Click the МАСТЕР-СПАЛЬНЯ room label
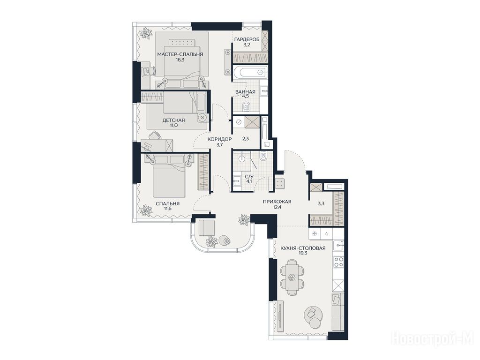(x=180, y=54)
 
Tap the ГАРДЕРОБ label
(x=247, y=39)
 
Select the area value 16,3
(x=180, y=60)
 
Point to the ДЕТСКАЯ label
(x=173, y=120)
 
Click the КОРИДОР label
(x=219, y=139)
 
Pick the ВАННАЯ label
(x=245, y=92)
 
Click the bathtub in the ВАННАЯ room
(x=250, y=73)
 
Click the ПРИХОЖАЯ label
(x=277, y=202)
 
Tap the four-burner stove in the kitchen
(x=338, y=262)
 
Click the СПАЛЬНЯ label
(x=167, y=203)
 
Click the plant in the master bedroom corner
(x=146, y=33)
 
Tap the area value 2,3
(x=246, y=138)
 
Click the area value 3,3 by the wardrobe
(x=321, y=202)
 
